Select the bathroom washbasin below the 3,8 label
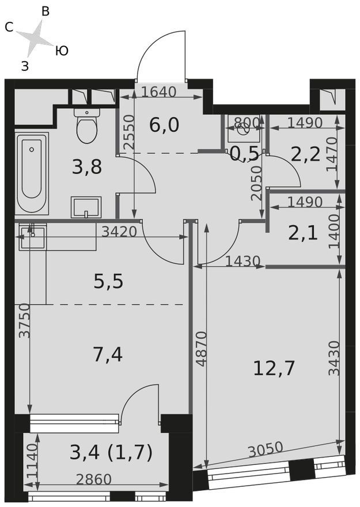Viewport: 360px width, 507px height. pyautogui.click(x=86, y=207)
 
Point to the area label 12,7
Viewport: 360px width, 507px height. pyautogui.click(x=274, y=368)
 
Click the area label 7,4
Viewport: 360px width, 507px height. pyautogui.click(x=108, y=354)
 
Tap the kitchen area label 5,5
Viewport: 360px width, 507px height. pyautogui.click(x=109, y=281)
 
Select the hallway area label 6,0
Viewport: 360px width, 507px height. pyautogui.click(x=164, y=125)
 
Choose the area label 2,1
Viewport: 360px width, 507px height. pyautogui.click(x=303, y=233)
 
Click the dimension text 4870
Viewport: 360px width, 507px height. pyautogui.click(x=202, y=349)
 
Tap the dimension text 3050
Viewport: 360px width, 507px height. pyautogui.click(x=266, y=449)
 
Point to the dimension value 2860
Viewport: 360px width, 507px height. pyautogui.click(x=94, y=479)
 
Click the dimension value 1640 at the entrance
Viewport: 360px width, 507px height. pyautogui.click(x=158, y=92)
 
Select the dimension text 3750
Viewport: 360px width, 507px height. pyautogui.click(x=24, y=320)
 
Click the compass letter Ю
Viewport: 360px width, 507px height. pyautogui.click(x=62, y=51)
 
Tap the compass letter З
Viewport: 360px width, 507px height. pyautogui.click(x=25, y=66)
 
